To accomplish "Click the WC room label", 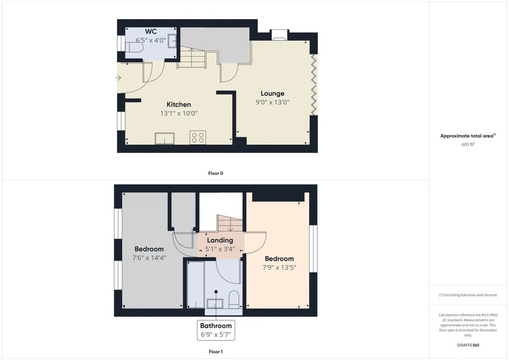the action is [x=151, y=31].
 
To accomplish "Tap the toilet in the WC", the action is [x=134, y=47].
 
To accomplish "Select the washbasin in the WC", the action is [x=172, y=41].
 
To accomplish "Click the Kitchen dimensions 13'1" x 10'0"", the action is [x=179, y=113].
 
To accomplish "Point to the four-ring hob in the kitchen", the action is [x=198, y=137].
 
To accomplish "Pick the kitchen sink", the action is [x=165, y=139].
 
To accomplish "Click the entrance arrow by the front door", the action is [x=118, y=78].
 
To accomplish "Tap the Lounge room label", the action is [x=272, y=93].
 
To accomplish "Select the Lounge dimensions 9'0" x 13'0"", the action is [x=272, y=102].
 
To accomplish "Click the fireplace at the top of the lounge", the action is [x=280, y=35].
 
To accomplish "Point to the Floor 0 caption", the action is [x=215, y=173].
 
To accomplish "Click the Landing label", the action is [x=220, y=240].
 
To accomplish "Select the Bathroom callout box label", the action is [x=216, y=326].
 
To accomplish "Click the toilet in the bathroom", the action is [x=234, y=300].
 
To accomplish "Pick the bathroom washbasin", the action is [x=215, y=304].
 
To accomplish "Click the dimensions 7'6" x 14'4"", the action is [x=149, y=258].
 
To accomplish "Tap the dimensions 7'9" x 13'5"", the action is [x=279, y=267].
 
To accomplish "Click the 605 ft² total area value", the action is [x=468, y=144].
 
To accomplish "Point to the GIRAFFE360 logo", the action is [x=468, y=345].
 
